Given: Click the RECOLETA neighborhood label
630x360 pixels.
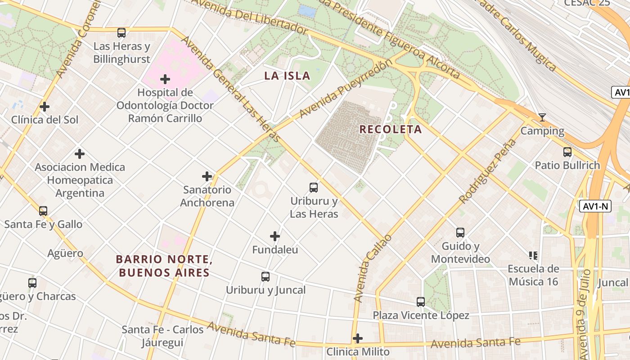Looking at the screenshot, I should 391,130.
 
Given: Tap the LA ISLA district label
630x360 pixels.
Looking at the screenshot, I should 287,76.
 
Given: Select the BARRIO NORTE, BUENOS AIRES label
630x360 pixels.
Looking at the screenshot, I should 163,266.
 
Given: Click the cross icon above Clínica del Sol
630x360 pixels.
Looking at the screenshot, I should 44,107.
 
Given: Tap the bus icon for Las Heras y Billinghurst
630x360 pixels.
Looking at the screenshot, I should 121,32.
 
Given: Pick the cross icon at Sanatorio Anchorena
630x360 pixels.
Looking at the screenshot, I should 207,176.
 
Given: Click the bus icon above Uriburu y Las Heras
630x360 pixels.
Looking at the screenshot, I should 314,187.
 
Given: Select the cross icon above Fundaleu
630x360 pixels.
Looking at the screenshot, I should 275,236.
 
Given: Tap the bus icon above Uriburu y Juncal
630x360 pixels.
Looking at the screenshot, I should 265,276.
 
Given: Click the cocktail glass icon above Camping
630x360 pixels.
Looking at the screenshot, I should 542,117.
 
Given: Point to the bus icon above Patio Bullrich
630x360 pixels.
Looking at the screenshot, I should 567,152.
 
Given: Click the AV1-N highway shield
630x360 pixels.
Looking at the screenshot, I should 595,206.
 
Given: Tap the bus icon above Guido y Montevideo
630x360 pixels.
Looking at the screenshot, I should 460,232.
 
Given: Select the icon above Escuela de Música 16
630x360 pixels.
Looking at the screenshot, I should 533,256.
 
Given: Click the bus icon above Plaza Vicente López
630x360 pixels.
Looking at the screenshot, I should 421,301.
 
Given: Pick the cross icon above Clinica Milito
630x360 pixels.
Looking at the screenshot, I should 358,338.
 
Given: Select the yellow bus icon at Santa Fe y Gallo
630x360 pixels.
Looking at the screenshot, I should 43,211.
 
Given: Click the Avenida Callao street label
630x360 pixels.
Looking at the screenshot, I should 372,268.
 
